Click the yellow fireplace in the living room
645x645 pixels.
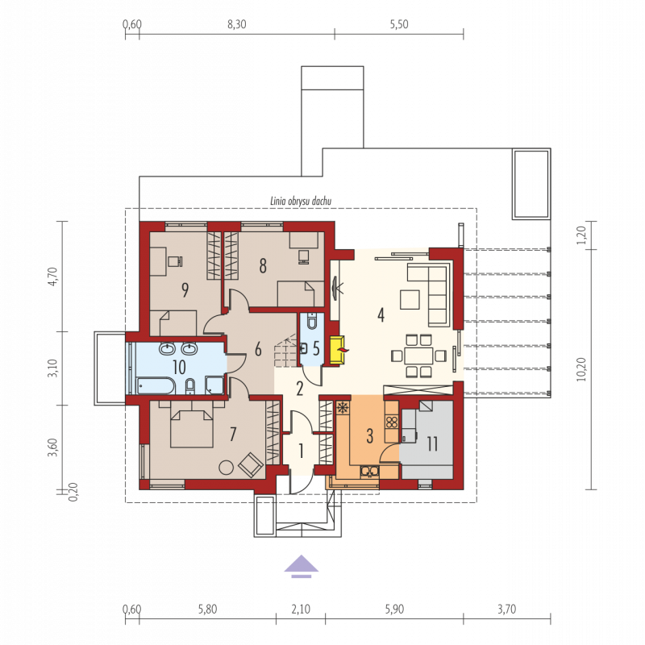tap(337, 350)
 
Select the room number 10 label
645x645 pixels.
tap(179, 368)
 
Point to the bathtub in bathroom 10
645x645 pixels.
tap(156, 386)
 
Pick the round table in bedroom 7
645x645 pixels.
tap(226, 467)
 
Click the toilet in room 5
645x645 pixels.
tap(312, 321)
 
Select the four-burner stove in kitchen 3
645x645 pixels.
tap(392, 422)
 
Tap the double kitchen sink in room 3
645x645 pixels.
tap(369, 471)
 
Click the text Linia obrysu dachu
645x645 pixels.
tap(301, 201)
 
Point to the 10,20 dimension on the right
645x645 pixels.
tap(580, 369)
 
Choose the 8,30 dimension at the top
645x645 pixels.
tap(237, 25)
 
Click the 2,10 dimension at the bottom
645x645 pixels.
tap(301, 610)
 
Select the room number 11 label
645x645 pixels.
tap(432, 444)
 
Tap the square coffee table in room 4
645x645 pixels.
tap(410, 299)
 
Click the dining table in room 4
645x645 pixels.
tap(418, 356)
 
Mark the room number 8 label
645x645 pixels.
tap(263, 266)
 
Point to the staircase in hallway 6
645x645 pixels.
tap(285, 350)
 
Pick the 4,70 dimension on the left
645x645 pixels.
tap(52, 277)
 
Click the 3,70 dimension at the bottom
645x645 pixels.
tap(507, 610)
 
